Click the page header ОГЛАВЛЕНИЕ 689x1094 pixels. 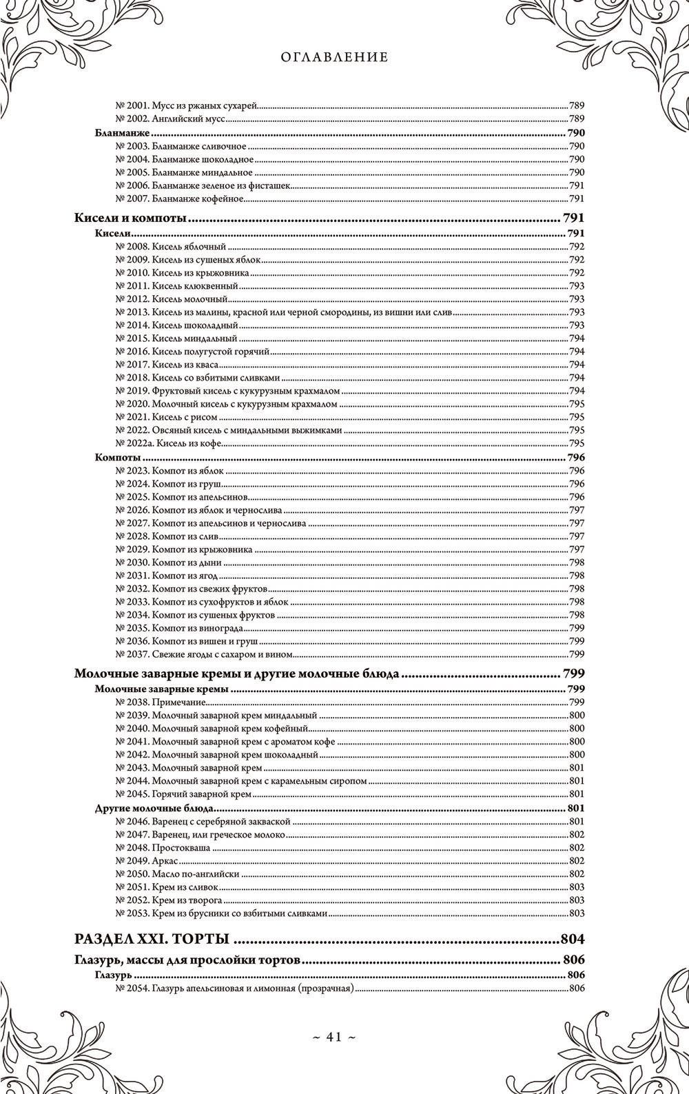[x=334, y=58]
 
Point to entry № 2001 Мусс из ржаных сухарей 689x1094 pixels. [x=186, y=106]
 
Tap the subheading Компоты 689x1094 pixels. [x=118, y=457]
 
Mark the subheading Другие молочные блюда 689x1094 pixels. [x=154, y=808]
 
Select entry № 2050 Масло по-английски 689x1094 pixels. [x=177, y=873]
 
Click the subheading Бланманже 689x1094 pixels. [x=122, y=133]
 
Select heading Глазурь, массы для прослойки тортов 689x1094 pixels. [x=187, y=960]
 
